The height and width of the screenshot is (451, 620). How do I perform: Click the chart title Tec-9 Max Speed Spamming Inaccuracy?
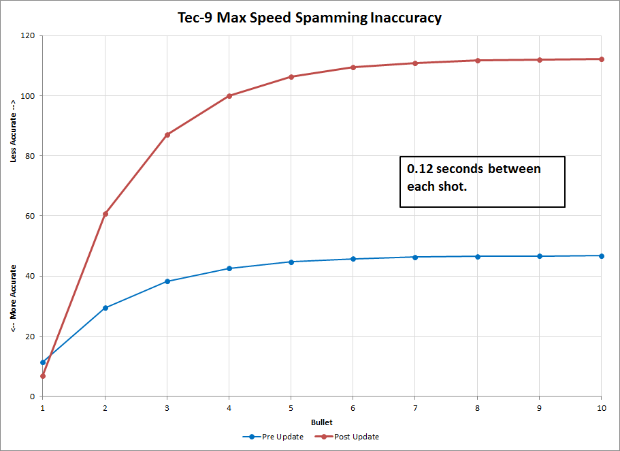310,17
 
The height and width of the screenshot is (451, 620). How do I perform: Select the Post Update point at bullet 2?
105,214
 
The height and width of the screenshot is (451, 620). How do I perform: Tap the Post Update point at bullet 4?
229,96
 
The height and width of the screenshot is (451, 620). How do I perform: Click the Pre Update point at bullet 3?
167,281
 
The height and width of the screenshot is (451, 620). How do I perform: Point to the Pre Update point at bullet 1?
43,362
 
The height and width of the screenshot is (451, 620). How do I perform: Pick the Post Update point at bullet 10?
601,59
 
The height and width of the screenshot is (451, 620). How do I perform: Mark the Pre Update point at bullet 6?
353,259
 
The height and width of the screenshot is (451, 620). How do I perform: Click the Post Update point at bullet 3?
167,135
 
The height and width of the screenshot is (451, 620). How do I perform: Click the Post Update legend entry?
346,437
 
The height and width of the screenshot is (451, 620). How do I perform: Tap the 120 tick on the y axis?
28,35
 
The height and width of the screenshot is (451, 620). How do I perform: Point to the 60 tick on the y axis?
30,216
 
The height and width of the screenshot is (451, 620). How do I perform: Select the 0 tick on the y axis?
32,396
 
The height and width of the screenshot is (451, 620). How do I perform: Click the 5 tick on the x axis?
291,407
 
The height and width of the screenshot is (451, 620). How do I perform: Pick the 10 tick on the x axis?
600,407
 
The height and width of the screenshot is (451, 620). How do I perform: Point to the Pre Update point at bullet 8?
477,256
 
